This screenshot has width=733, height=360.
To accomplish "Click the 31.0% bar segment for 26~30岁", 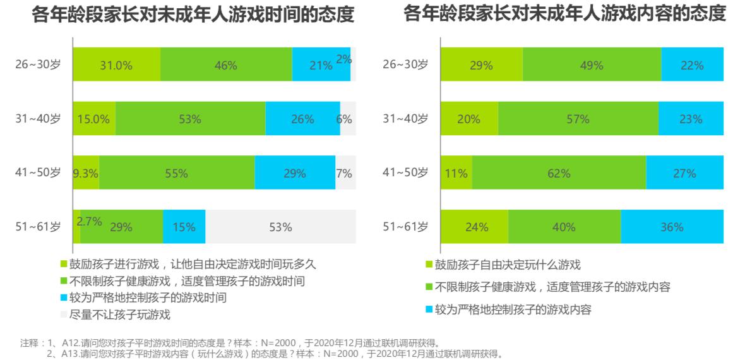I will pyautogui.click(x=116, y=64).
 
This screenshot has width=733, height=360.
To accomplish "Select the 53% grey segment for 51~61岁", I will pyautogui.click(x=280, y=226).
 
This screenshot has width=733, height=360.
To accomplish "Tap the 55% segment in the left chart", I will pyautogui.click(x=177, y=172).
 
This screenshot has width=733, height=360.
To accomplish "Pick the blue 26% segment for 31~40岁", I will pyautogui.click(x=302, y=118).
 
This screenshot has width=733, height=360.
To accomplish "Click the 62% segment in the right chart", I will pyautogui.click(x=559, y=172).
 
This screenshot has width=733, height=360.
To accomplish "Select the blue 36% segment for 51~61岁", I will pyautogui.click(x=672, y=226).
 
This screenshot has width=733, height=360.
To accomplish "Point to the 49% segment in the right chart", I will pyautogui.click(x=592, y=64).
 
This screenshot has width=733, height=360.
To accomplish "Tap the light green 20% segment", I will pyautogui.click(x=469, y=118).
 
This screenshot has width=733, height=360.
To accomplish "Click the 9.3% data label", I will pyautogui.click(x=86, y=172).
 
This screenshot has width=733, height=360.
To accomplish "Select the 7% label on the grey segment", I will pyautogui.click(x=344, y=172).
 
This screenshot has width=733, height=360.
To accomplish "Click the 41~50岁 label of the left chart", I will pyautogui.click(x=38, y=172).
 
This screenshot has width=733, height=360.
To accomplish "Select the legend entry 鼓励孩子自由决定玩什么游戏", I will pyautogui.click(x=507, y=265).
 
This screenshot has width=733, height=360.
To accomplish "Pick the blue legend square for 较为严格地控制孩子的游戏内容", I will pyautogui.click(x=430, y=309).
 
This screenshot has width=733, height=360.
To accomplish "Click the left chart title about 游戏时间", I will pyautogui.click(x=193, y=15).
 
